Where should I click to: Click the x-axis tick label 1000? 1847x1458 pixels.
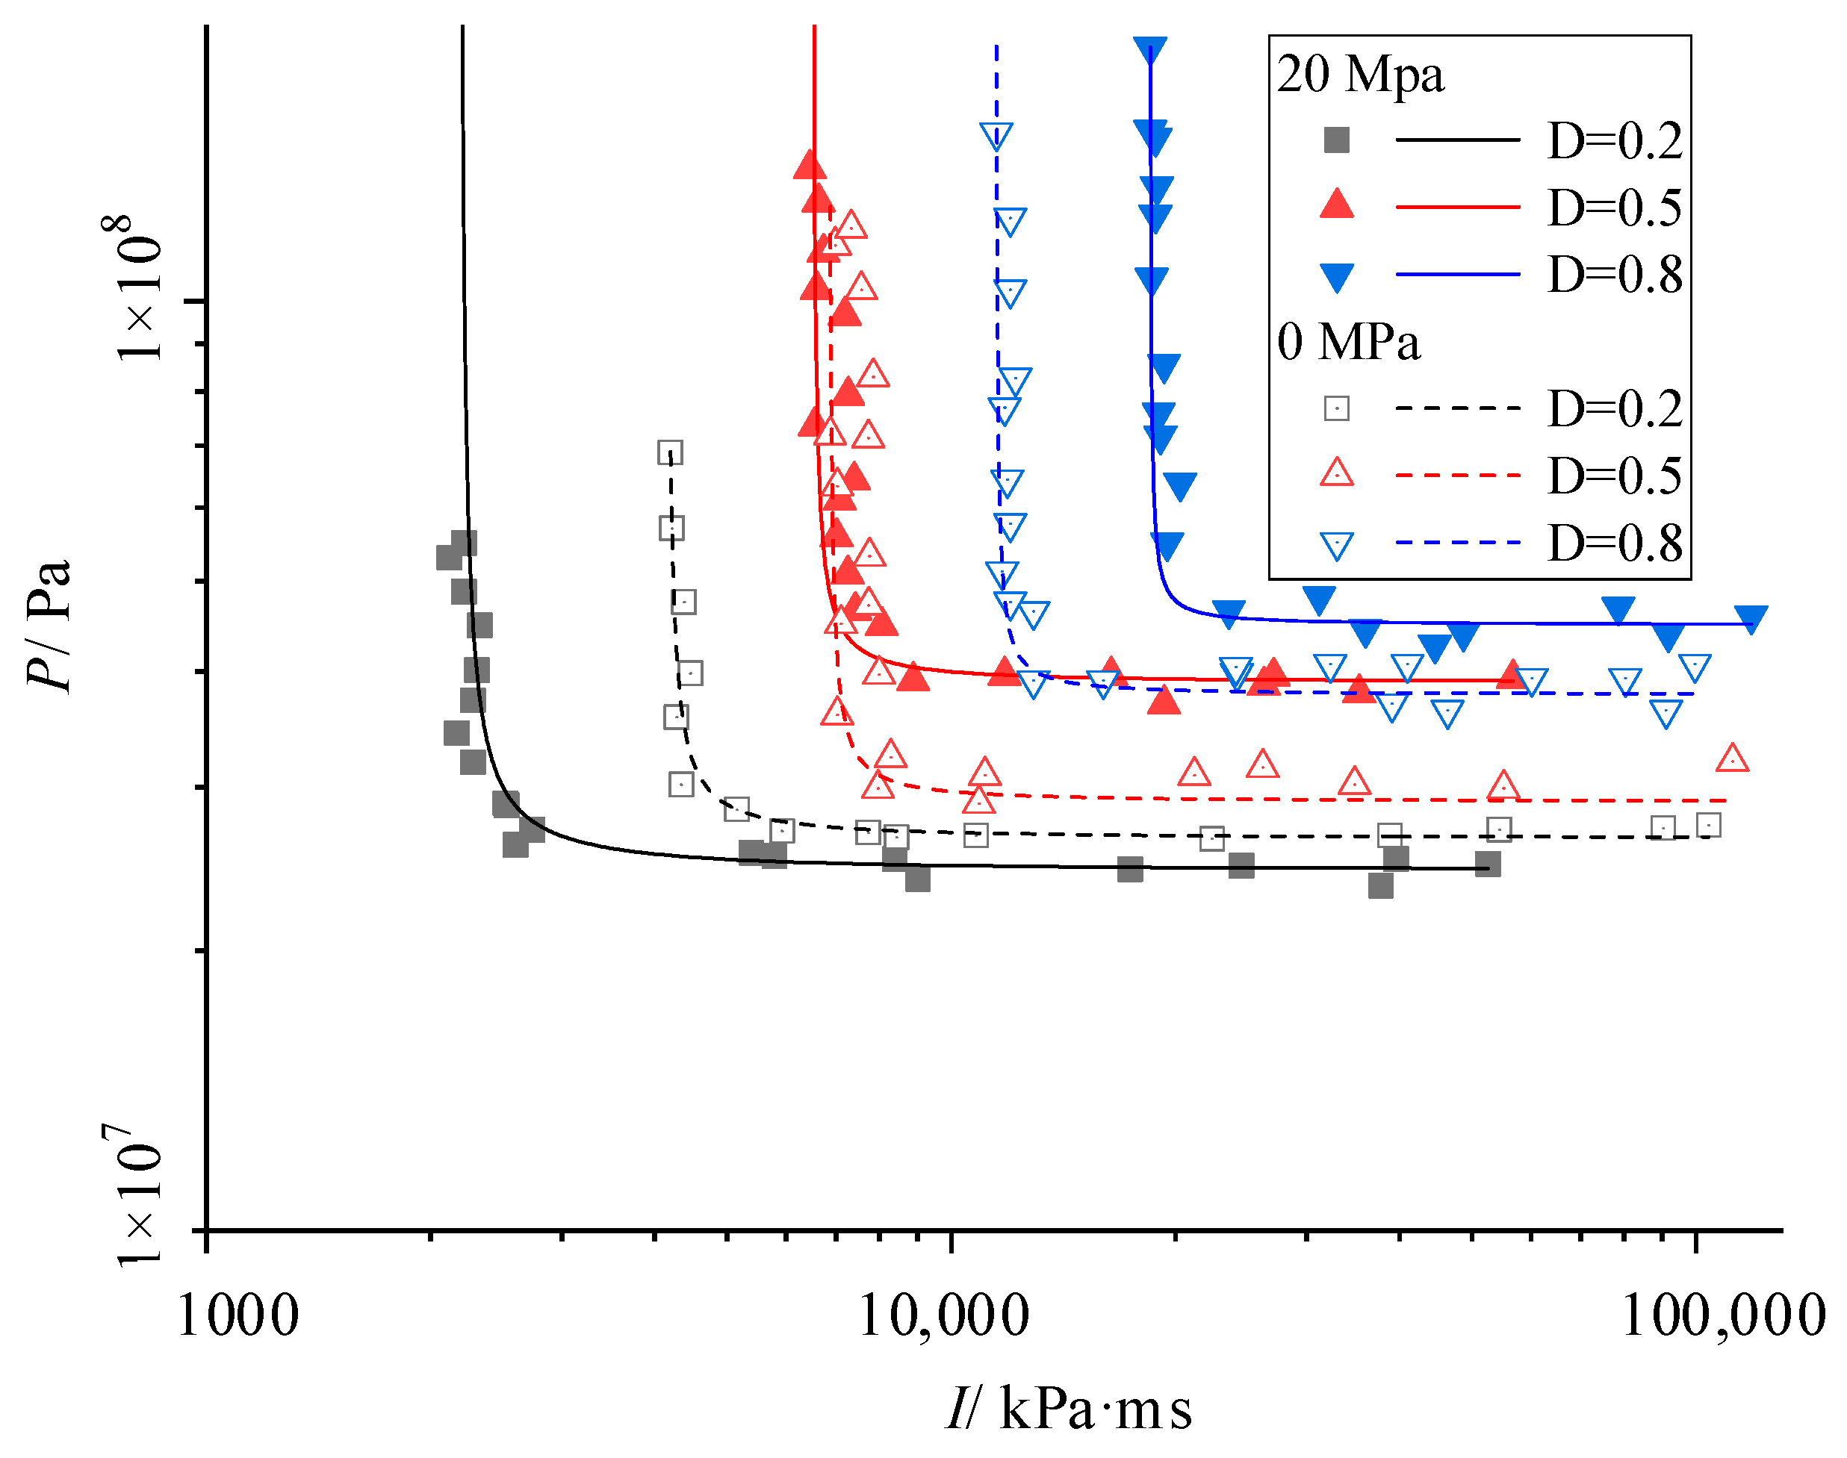click(x=238, y=1316)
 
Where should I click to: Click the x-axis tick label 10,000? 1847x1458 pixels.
click(x=943, y=1316)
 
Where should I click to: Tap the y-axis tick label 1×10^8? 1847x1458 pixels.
click(x=137, y=288)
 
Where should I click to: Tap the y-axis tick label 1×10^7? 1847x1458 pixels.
click(x=137, y=1195)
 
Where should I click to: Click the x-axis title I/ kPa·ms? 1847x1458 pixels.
click(x=1068, y=1409)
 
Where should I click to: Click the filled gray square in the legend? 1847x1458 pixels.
click(x=1336, y=140)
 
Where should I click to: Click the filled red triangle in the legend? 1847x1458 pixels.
click(x=1336, y=205)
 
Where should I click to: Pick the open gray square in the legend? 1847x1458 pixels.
click(x=1336, y=409)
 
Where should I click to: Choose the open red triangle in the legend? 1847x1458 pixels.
click(x=1336, y=473)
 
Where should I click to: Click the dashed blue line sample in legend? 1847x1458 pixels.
click(x=1458, y=543)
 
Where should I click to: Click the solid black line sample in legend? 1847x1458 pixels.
click(x=1458, y=139)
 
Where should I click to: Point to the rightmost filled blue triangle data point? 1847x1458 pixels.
click(x=1751, y=617)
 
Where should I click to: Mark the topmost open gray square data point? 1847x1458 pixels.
click(x=671, y=452)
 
